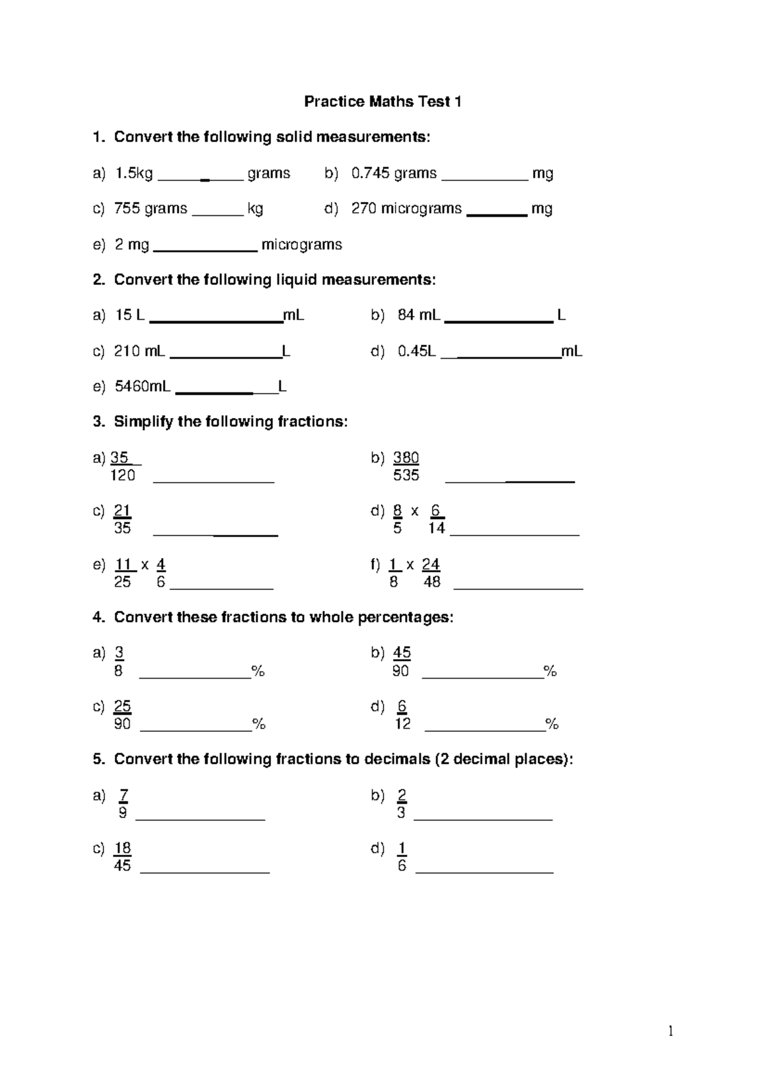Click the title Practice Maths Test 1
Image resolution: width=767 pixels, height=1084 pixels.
click(382, 102)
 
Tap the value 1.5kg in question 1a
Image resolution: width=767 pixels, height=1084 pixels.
click(134, 173)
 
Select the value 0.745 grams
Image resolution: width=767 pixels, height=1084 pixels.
click(394, 173)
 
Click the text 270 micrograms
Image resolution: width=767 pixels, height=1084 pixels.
click(406, 208)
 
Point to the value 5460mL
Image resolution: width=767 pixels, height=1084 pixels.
click(142, 386)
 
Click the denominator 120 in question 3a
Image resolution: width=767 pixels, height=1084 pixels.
click(123, 475)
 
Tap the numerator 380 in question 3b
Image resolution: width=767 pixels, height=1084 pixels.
click(406, 458)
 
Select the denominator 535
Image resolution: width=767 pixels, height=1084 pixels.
click(407, 475)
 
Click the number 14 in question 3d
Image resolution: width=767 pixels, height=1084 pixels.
click(437, 528)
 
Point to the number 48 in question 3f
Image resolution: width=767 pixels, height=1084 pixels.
click(431, 582)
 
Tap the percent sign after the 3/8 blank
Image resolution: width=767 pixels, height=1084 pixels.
click(258, 671)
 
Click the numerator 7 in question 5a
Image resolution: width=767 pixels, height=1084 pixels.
click(123, 795)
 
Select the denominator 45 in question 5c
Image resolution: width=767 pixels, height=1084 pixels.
click(122, 865)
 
